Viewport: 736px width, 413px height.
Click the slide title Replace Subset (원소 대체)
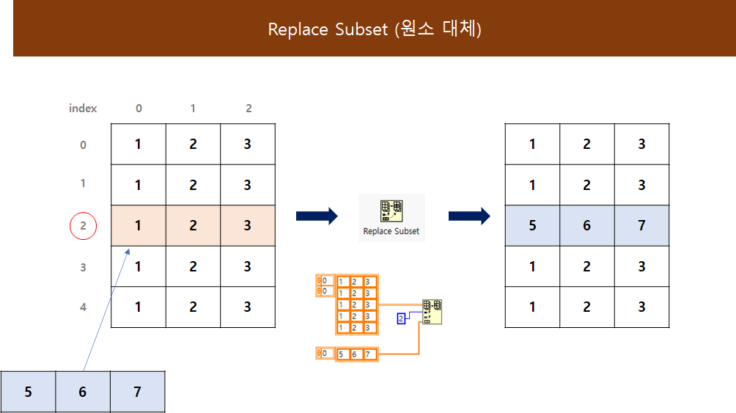pyautogui.click(x=374, y=29)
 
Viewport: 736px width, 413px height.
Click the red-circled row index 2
pyautogui.click(x=83, y=225)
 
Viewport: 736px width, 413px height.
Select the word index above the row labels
pyautogui.click(x=83, y=108)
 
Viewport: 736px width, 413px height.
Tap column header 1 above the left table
pyautogui.click(x=193, y=108)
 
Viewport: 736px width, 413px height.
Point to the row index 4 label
pyautogui.click(x=83, y=307)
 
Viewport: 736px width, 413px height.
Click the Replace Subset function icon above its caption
pyautogui.click(x=391, y=211)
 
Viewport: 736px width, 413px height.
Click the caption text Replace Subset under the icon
pyautogui.click(x=391, y=231)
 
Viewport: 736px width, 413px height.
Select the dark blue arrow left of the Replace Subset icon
pyautogui.click(x=317, y=216)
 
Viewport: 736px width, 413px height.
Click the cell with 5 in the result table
pyautogui.click(x=532, y=225)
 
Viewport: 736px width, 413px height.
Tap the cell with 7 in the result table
pyautogui.click(x=641, y=225)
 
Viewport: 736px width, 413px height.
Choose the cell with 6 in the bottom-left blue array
pyautogui.click(x=82, y=392)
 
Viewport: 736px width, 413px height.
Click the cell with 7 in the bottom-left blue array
pyautogui.click(x=137, y=392)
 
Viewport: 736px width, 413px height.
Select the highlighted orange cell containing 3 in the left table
pyautogui.click(x=248, y=225)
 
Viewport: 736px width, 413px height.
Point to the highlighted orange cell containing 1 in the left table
pyautogui.click(x=139, y=225)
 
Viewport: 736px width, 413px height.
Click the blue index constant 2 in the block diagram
pyautogui.click(x=401, y=318)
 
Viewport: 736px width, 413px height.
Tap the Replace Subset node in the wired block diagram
pyautogui.click(x=432, y=312)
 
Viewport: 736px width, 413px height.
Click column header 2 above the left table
pyautogui.click(x=249, y=108)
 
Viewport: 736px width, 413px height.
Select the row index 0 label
pyautogui.click(x=83, y=145)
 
